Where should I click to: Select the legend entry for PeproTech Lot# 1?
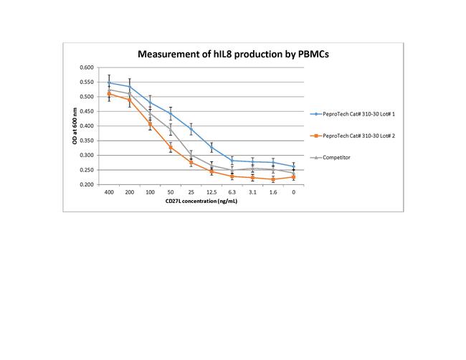[363, 113]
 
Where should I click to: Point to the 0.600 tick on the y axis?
[87, 67]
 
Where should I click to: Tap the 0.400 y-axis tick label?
[87, 126]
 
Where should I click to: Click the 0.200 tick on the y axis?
[87, 185]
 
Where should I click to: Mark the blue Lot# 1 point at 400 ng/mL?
[109, 82]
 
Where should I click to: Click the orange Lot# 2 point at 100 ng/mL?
[150, 124]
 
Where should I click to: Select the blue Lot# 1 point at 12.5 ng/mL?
[211, 148]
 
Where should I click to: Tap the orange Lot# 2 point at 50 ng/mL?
[171, 147]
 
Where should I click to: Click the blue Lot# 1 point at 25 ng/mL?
[191, 129]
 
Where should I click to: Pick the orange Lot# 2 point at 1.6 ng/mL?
[273, 179]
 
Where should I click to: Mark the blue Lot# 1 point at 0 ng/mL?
[294, 166]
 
